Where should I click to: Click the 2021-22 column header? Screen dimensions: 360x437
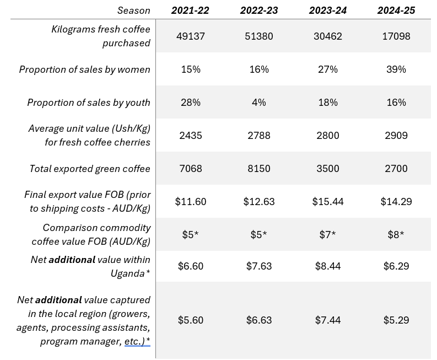(x=191, y=10)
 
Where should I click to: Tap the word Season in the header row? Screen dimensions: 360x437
(x=133, y=10)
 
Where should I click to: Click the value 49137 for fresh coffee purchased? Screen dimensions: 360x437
(x=191, y=36)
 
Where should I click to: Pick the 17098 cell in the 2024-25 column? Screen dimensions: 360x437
(x=395, y=36)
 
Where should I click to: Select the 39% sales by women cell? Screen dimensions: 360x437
(x=395, y=69)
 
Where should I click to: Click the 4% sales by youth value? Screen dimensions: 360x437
(x=259, y=103)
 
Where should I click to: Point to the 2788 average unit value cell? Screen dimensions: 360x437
(x=259, y=136)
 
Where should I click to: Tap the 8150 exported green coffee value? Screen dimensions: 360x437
(x=259, y=169)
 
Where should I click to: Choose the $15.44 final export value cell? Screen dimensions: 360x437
(x=327, y=202)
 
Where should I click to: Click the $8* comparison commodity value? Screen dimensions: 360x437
(x=395, y=235)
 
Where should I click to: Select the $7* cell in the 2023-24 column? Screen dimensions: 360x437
(x=327, y=235)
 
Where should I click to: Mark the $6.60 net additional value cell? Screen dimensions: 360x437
(x=191, y=266)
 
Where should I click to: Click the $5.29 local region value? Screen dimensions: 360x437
(x=395, y=320)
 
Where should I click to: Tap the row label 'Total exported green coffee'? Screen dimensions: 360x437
(x=90, y=169)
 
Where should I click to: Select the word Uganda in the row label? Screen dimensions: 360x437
(x=129, y=273)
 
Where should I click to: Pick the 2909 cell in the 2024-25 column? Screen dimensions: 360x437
(x=395, y=136)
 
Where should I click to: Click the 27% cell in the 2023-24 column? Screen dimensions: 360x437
(x=327, y=69)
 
